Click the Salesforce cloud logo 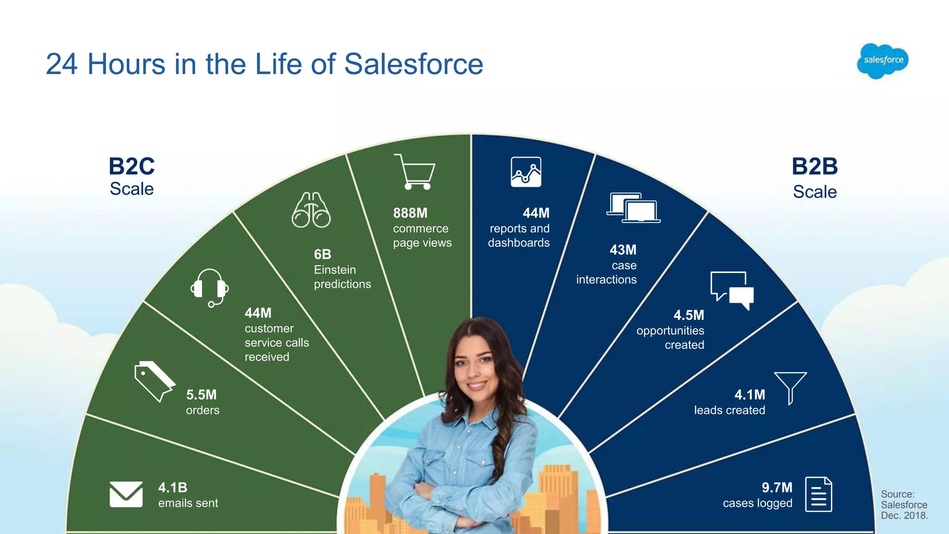(883, 61)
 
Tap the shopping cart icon (415, 172)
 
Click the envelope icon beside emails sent (126, 494)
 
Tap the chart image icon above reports (526, 172)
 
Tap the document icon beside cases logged (818, 494)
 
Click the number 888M (410, 213)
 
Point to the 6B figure (323, 254)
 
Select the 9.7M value (777, 488)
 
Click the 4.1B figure (173, 488)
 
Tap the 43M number (623, 250)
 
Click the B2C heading (132, 166)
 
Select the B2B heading (815, 166)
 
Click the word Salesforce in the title (413, 64)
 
